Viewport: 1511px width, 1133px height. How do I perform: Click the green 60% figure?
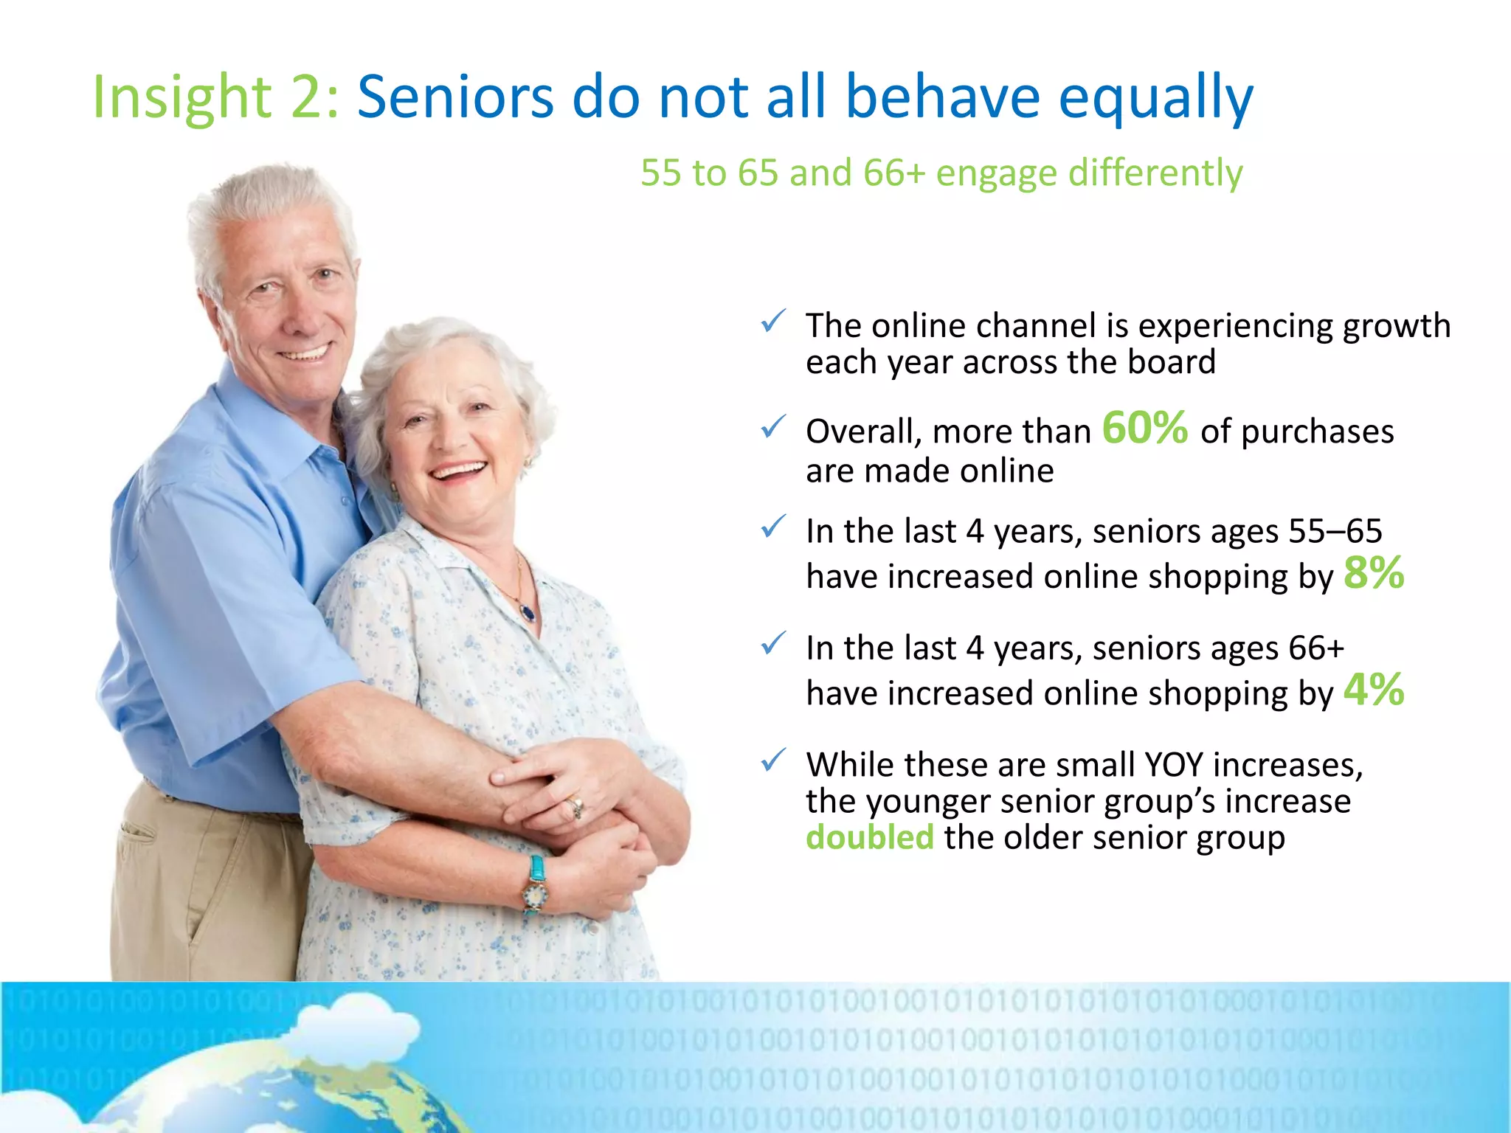click(1144, 428)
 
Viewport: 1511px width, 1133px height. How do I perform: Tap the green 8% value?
click(1373, 573)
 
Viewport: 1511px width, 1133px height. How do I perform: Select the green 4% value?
click(1373, 690)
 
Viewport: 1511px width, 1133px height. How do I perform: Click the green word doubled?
click(869, 838)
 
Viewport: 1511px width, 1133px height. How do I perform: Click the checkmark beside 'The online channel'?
click(772, 322)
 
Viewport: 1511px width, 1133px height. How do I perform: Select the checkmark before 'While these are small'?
click(772, 760)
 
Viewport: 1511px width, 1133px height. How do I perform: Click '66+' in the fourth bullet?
click(1315, 648)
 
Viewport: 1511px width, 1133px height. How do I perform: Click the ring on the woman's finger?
click(575, 806)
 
